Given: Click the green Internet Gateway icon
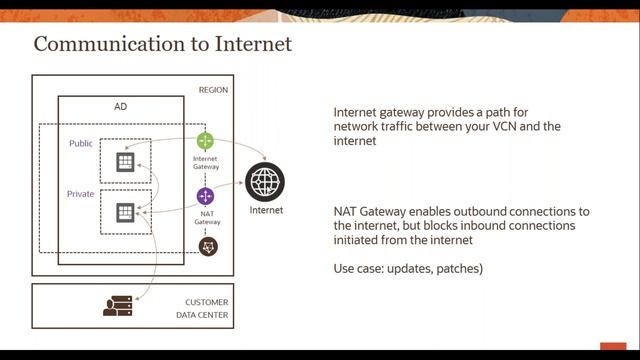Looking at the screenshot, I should (206, 140).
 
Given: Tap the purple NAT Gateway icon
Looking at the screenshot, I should (206, 196).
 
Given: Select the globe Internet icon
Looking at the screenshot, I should (265, 182).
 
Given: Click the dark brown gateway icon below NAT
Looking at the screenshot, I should (208, 246).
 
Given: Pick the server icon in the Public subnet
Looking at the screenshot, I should (125, 162).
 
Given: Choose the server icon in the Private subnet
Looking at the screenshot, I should (125, 212).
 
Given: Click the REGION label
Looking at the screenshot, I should (213, 90).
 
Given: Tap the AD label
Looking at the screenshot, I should (121, 106).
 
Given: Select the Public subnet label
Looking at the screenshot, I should (81, 144).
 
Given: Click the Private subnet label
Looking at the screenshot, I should (81, 193).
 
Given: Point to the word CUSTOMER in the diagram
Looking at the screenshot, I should (206, 302).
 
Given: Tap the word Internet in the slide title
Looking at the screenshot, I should (256, 45).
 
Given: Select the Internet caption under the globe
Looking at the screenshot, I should (266, 210).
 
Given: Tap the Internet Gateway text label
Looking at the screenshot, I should (206, 164).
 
